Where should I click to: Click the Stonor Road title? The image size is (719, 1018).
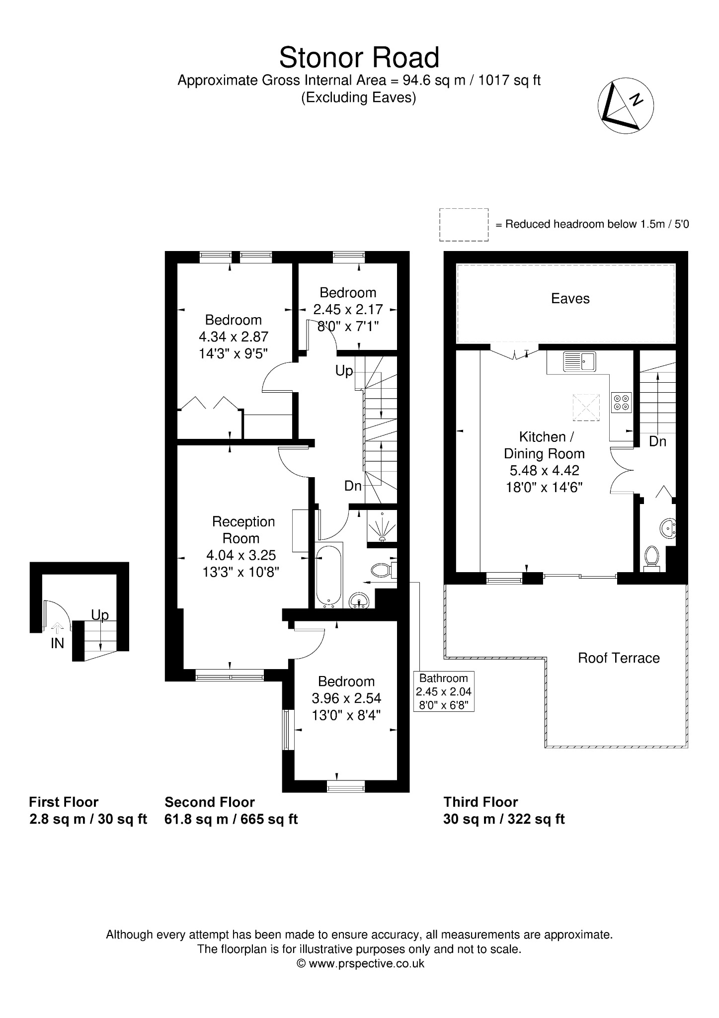[359, 58]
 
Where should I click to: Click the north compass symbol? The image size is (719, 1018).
[625, 105]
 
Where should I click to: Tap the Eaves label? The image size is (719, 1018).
[570, 298]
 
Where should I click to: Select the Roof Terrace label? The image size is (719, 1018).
[619, 658]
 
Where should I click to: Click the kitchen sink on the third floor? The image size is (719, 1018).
[579, 361]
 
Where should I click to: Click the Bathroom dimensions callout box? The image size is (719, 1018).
[444, 691]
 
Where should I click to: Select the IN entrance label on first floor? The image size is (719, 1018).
[57, 643]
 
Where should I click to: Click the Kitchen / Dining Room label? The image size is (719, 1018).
[545, 445]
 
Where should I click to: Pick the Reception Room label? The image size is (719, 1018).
[243, 530]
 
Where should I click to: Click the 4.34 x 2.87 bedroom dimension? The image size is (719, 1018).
[234, 337]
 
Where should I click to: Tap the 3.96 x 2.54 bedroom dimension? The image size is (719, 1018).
[346, 698]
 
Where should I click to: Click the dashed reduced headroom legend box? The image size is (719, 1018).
[464, 225]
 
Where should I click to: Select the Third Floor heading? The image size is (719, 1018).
[480, 802]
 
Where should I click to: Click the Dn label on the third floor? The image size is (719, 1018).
[657, 441]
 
